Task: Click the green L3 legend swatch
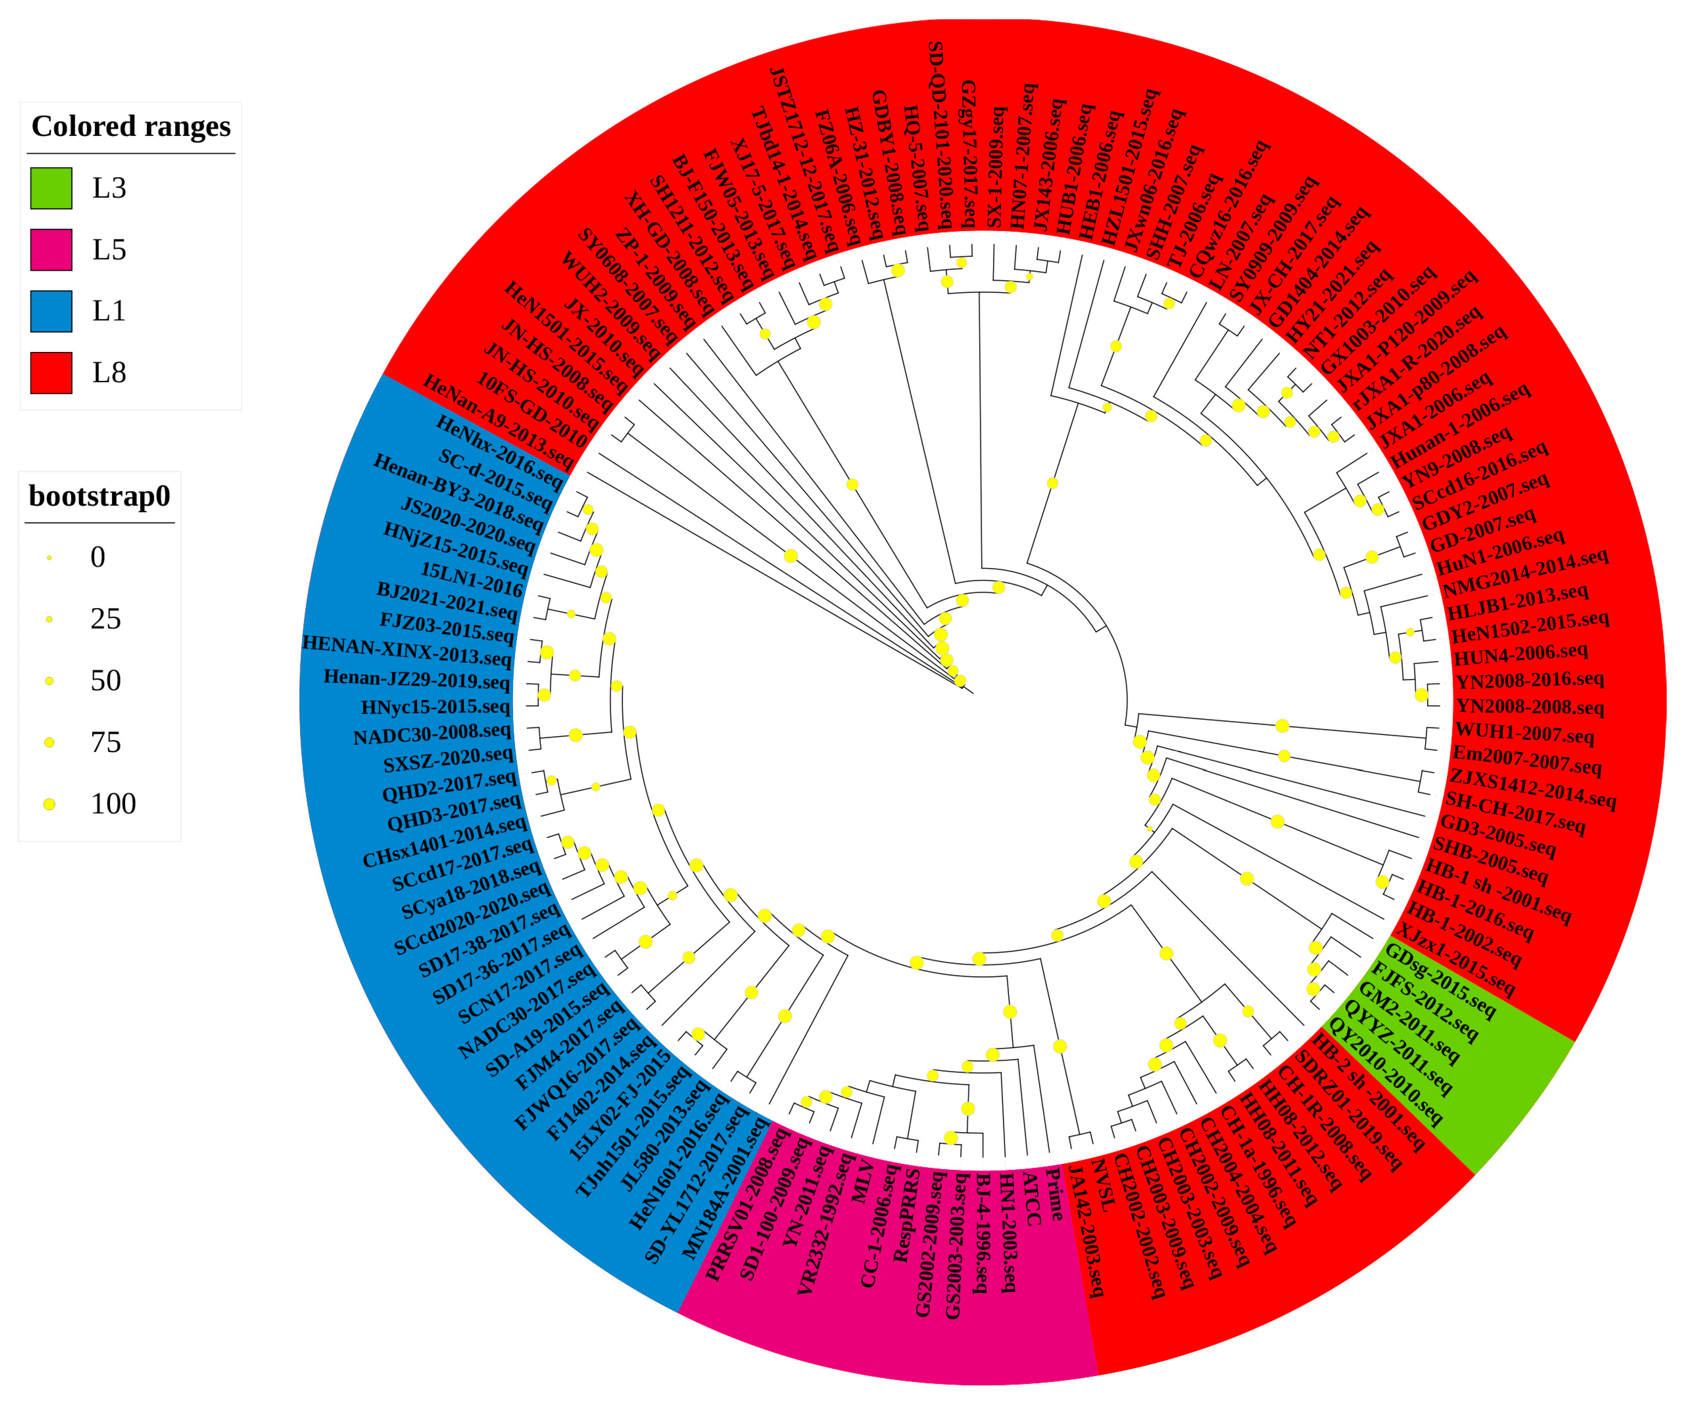point(51,188)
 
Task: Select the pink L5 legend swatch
point(51,249)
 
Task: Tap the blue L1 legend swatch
point(51,311)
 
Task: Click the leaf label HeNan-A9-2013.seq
point(499,422)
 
